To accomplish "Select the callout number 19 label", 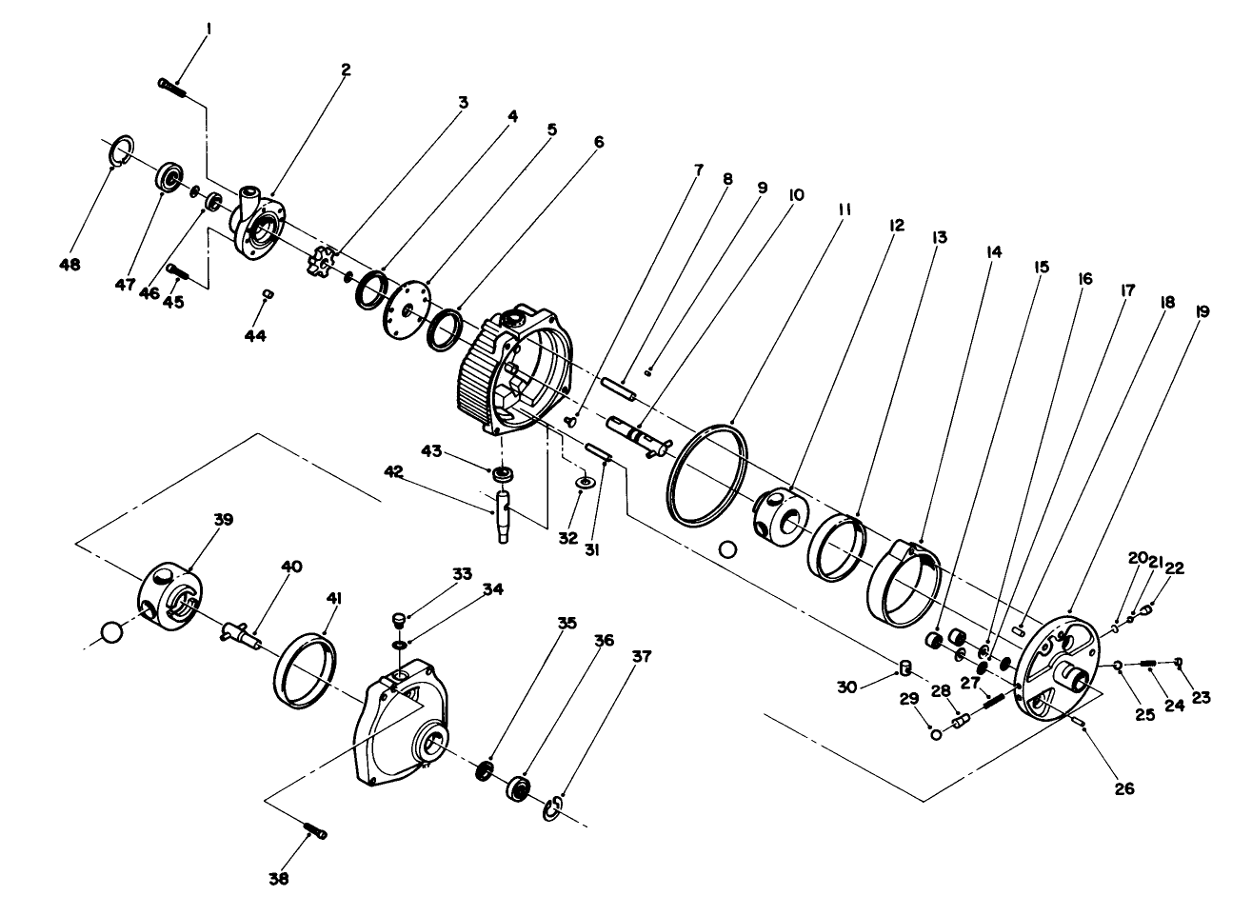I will [1202, 310].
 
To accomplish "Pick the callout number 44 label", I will [255, 336].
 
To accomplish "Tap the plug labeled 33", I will [399, 622].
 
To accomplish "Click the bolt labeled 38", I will [315, 830].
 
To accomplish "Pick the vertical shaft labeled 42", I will [504, 513].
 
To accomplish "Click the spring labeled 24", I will [1148, 664].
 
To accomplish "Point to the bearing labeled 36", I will [520, 787].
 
